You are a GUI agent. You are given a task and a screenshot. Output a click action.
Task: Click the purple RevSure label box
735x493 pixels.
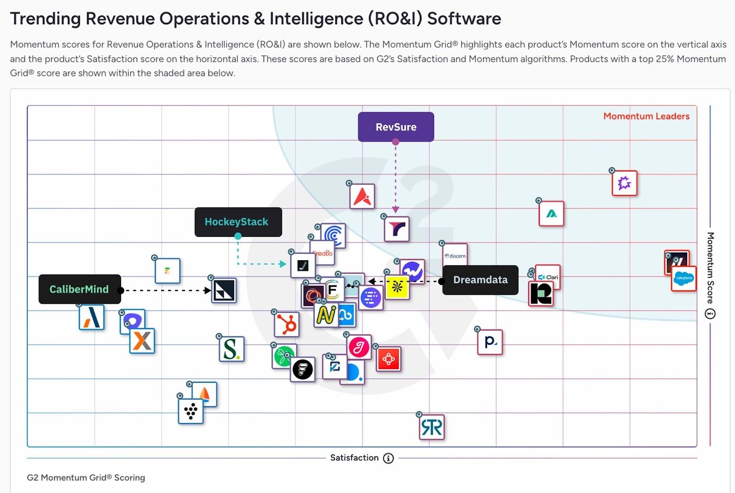point(396,127)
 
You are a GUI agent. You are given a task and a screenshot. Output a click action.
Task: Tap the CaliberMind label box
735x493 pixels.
point(79,289)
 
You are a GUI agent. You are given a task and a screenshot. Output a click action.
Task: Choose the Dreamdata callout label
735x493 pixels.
point(480,280)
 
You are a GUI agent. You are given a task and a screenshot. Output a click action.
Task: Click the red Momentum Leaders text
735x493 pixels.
point(646,117)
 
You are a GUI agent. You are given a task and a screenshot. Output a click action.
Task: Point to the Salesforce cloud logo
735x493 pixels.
point(684,278)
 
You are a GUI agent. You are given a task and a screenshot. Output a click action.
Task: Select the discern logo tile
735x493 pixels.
point(455,256)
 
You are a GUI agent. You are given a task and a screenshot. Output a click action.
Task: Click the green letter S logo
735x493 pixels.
point(231,349)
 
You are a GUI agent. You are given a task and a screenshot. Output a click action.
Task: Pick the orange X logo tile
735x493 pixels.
point(142,341)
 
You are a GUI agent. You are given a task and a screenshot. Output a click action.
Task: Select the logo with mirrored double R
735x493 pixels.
point(432,427)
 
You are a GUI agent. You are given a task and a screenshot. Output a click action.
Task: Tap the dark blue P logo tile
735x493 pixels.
point(490,342)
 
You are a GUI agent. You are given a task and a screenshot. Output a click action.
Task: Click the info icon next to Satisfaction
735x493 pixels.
point(388,458)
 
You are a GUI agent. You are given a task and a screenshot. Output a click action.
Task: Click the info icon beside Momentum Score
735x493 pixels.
point(710,314)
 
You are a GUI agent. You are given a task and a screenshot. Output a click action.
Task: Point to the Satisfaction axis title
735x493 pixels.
point(354,458)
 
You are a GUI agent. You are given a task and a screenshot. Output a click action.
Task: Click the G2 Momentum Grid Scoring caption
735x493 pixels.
point(86,477)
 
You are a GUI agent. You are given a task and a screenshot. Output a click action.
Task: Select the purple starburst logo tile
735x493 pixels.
point(624,183)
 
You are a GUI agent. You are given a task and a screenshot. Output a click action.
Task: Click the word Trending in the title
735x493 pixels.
point(45,19)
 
